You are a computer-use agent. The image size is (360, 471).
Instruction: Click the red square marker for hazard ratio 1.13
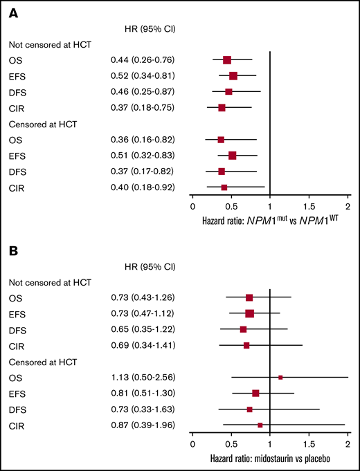280,378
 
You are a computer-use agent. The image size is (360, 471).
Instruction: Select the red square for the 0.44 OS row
227,60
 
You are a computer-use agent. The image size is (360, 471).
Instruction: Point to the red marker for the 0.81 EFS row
255,393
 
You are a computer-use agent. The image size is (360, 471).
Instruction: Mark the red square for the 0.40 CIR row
224,187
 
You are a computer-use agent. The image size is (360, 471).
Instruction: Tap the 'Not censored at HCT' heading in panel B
48,282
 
